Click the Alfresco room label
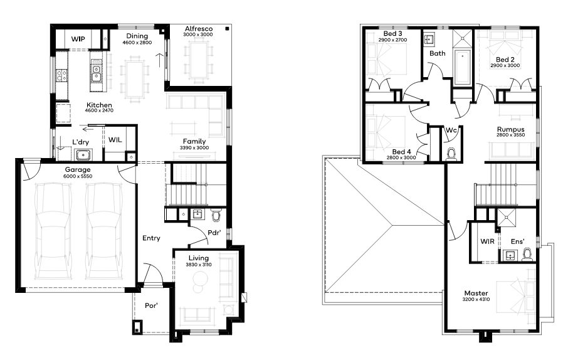pyautogui.click(x=199, y=29)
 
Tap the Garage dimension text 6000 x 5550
pyautogui.click(x=78, y=176)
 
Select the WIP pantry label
pyautogui.click(x=78, y=39)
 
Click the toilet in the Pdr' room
pyautogui.click(x=216, y=216)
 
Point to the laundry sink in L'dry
pyautogui.click(x=83, y=155)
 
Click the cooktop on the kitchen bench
pyautogui.click(x=61, y=75)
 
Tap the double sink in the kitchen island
pyautogui.click(x=97, y=73)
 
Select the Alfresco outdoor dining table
pyautogui.click(x=199, y=60)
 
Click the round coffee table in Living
pyautogui.click(x=201, y=278)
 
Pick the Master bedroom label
pyautogui.click(x=476, y=293)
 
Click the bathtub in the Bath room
pyautogui.click(x=462, y=68)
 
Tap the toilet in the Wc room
pyautogui.click(x=451, y=154)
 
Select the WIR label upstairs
pyautogui.click(x=487, y=241)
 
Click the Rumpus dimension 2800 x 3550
pyautogui.click(x=510, y=135)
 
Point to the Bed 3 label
pyautogui.click(x=392, y=34)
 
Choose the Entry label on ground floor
pyautogui.click(x=151, y=238)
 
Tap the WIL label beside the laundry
pyautogui.click(x=115, y=140)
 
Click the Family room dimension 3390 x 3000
pyautogui.click(x=194, y=147)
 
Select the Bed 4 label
pyautogui.click(x=401, y=152)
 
